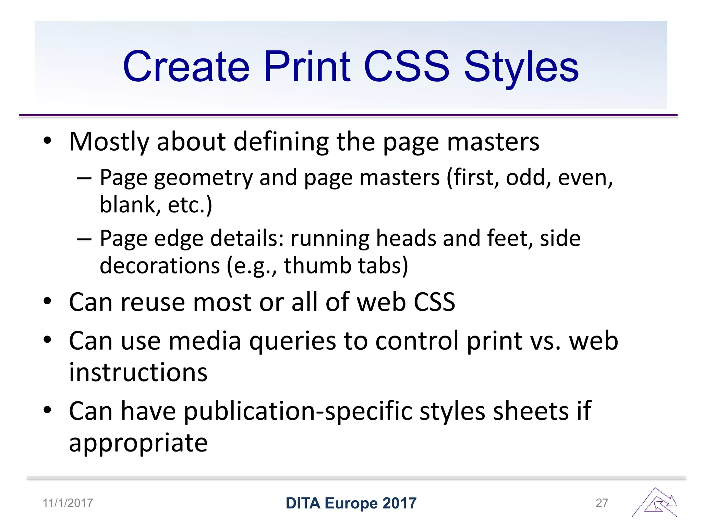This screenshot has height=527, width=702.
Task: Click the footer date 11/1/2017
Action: pos(68,503)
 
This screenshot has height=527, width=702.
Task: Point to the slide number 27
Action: pos(602,503)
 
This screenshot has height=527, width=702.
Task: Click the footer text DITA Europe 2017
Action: pos(351,503)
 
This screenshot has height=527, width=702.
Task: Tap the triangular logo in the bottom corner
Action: pos(655,503)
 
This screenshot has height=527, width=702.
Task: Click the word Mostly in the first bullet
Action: pos(109,142)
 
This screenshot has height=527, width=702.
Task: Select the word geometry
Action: pos(203,178)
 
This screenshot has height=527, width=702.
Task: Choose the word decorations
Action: pos(160,266)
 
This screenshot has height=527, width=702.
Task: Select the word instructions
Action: pos(138,373)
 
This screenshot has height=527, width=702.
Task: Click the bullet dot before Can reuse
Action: pos(47,301)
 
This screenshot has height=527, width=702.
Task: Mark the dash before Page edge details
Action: pos(84,238)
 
